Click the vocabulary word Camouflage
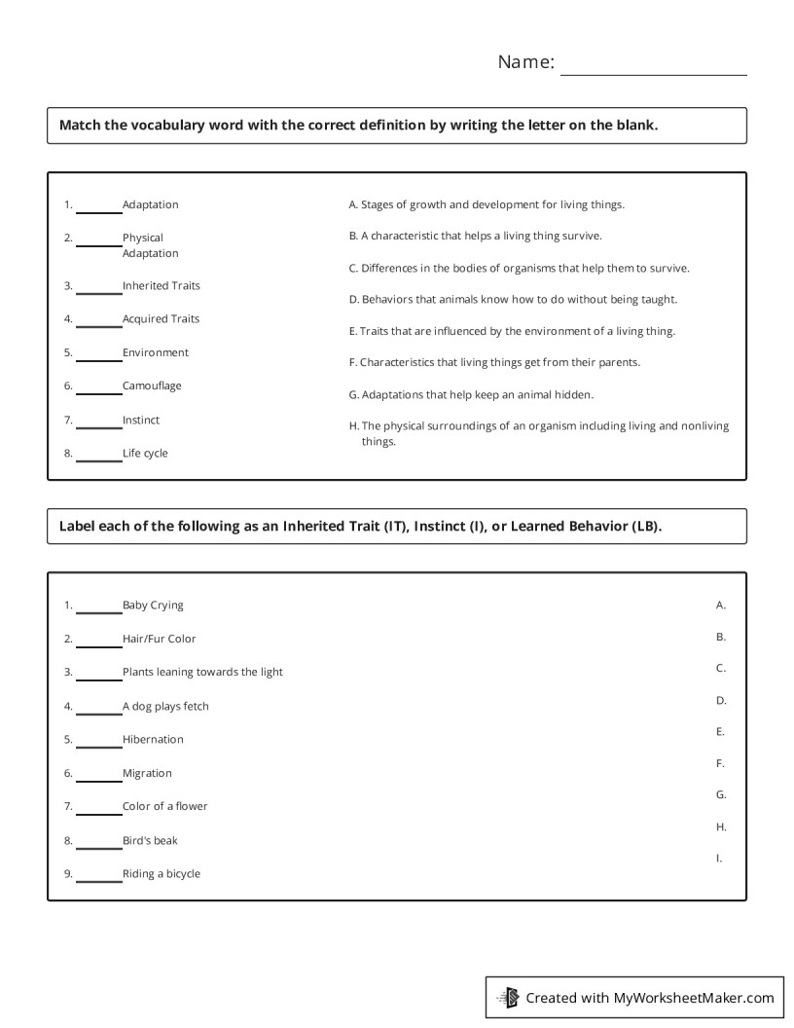point(152,386)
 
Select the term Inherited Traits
point(162,286)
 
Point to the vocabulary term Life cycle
point(145,454)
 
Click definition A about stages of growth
point(487,205)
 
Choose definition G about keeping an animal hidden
point(471,395)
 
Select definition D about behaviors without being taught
point(513,300)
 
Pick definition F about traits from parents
point(494,363)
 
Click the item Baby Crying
point(153,606)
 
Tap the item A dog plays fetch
point(165,707)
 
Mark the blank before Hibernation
point(99,743)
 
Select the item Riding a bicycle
point(162,874)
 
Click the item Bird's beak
point(150,841)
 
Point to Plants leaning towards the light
point(202,673)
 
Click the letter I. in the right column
point(720,859)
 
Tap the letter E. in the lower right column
point(721,732)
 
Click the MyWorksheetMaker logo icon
point(509,997)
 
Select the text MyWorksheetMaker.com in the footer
point(694,998)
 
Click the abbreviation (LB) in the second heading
point(645,527)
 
